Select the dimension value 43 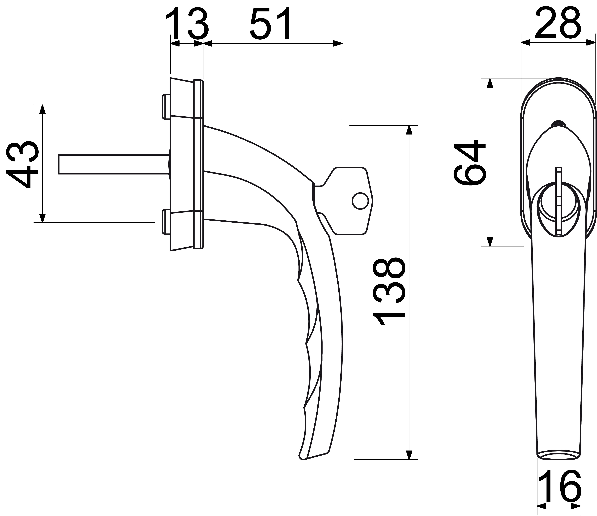click(x=22, y=164)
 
